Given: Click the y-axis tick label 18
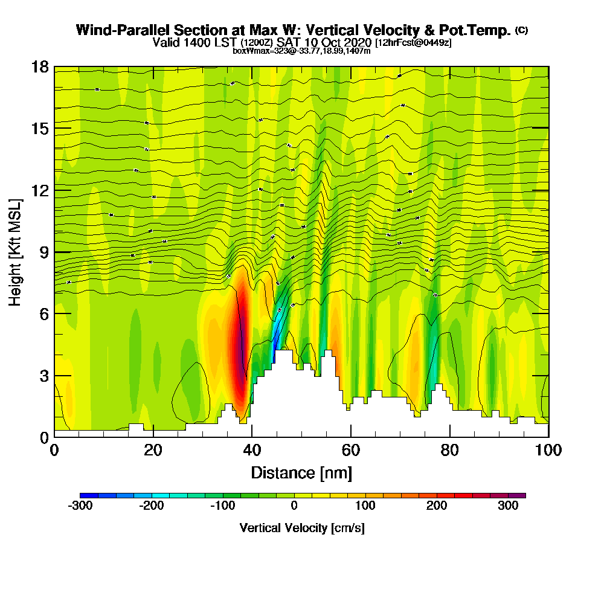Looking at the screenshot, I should pos(40,67).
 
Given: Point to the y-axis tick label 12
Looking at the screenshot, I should pos(40,190).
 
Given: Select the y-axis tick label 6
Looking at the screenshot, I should pos(44,313).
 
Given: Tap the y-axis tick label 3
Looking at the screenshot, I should pos(44,375).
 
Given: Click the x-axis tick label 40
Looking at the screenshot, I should pos(252,451).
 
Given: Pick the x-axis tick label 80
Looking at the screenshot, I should pos(450,451).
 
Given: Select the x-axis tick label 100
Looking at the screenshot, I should pos(548,451).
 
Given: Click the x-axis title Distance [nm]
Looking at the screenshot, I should pos(301,472).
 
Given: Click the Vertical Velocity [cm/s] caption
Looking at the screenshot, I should pos(301,528).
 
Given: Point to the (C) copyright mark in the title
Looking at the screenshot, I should pos(521,30).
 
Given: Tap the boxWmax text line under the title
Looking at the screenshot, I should pos(301,51).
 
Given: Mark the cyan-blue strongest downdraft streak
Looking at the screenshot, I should pos(277,332).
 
